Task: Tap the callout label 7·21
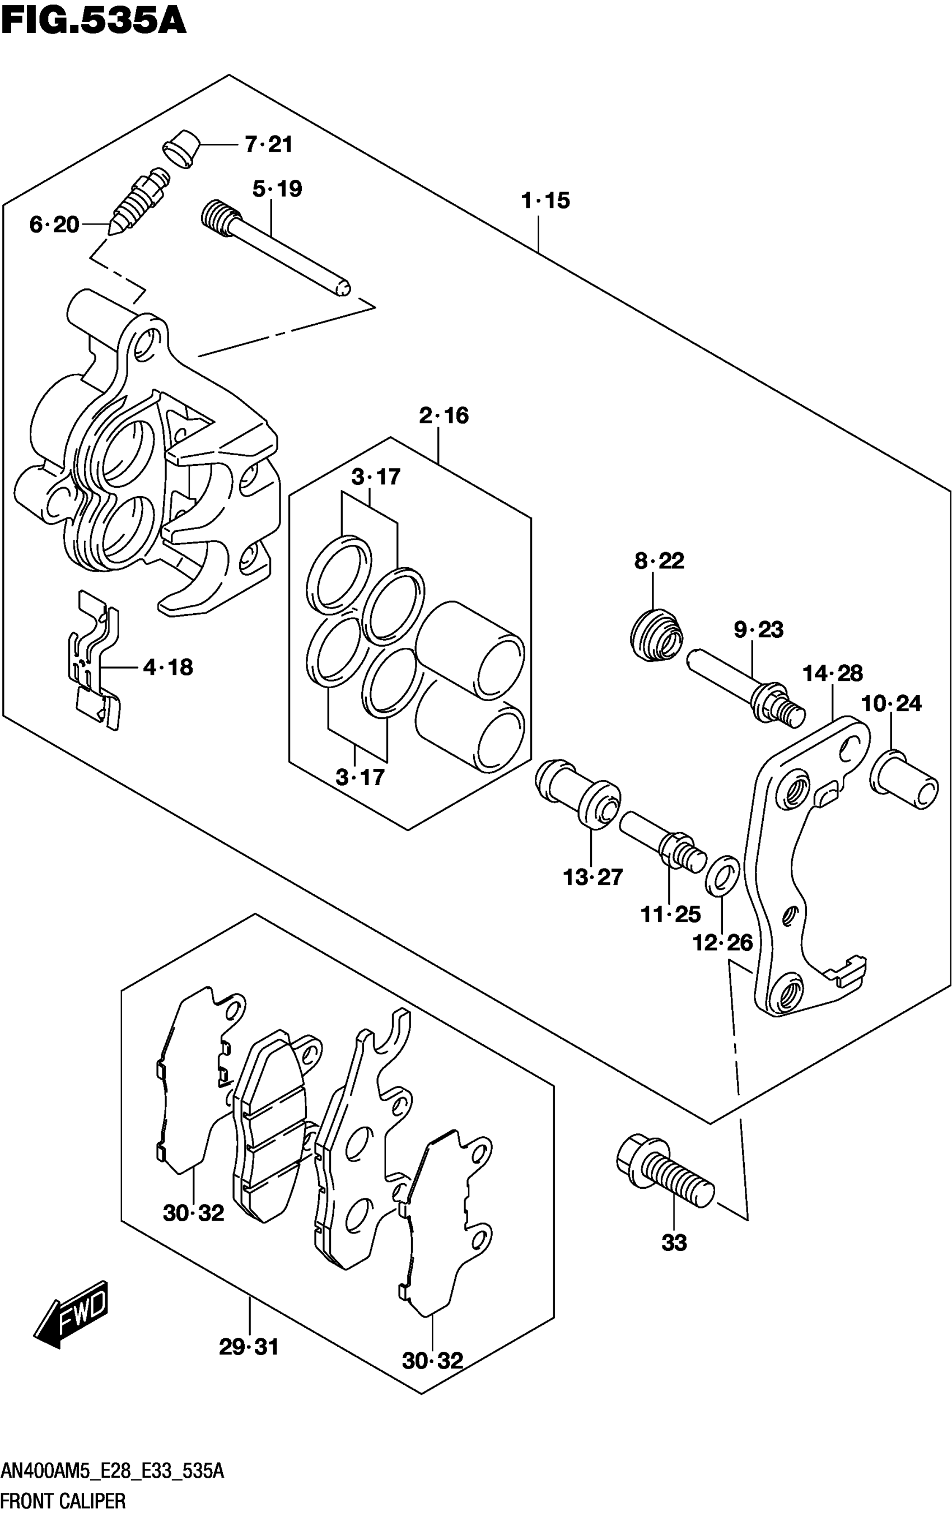point(268,144)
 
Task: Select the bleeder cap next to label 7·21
point(180,150)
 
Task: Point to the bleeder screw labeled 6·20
point(139,202)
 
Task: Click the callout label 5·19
point(277,189)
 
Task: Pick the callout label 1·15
point(545,200)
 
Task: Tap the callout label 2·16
point(444,415)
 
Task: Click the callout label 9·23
point(758,629)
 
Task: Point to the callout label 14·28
point(833,674)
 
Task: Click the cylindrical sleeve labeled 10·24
point(904,778)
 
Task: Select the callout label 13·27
point(592,877)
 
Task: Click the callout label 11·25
point(670,915)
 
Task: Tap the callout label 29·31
point(248,1347)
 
